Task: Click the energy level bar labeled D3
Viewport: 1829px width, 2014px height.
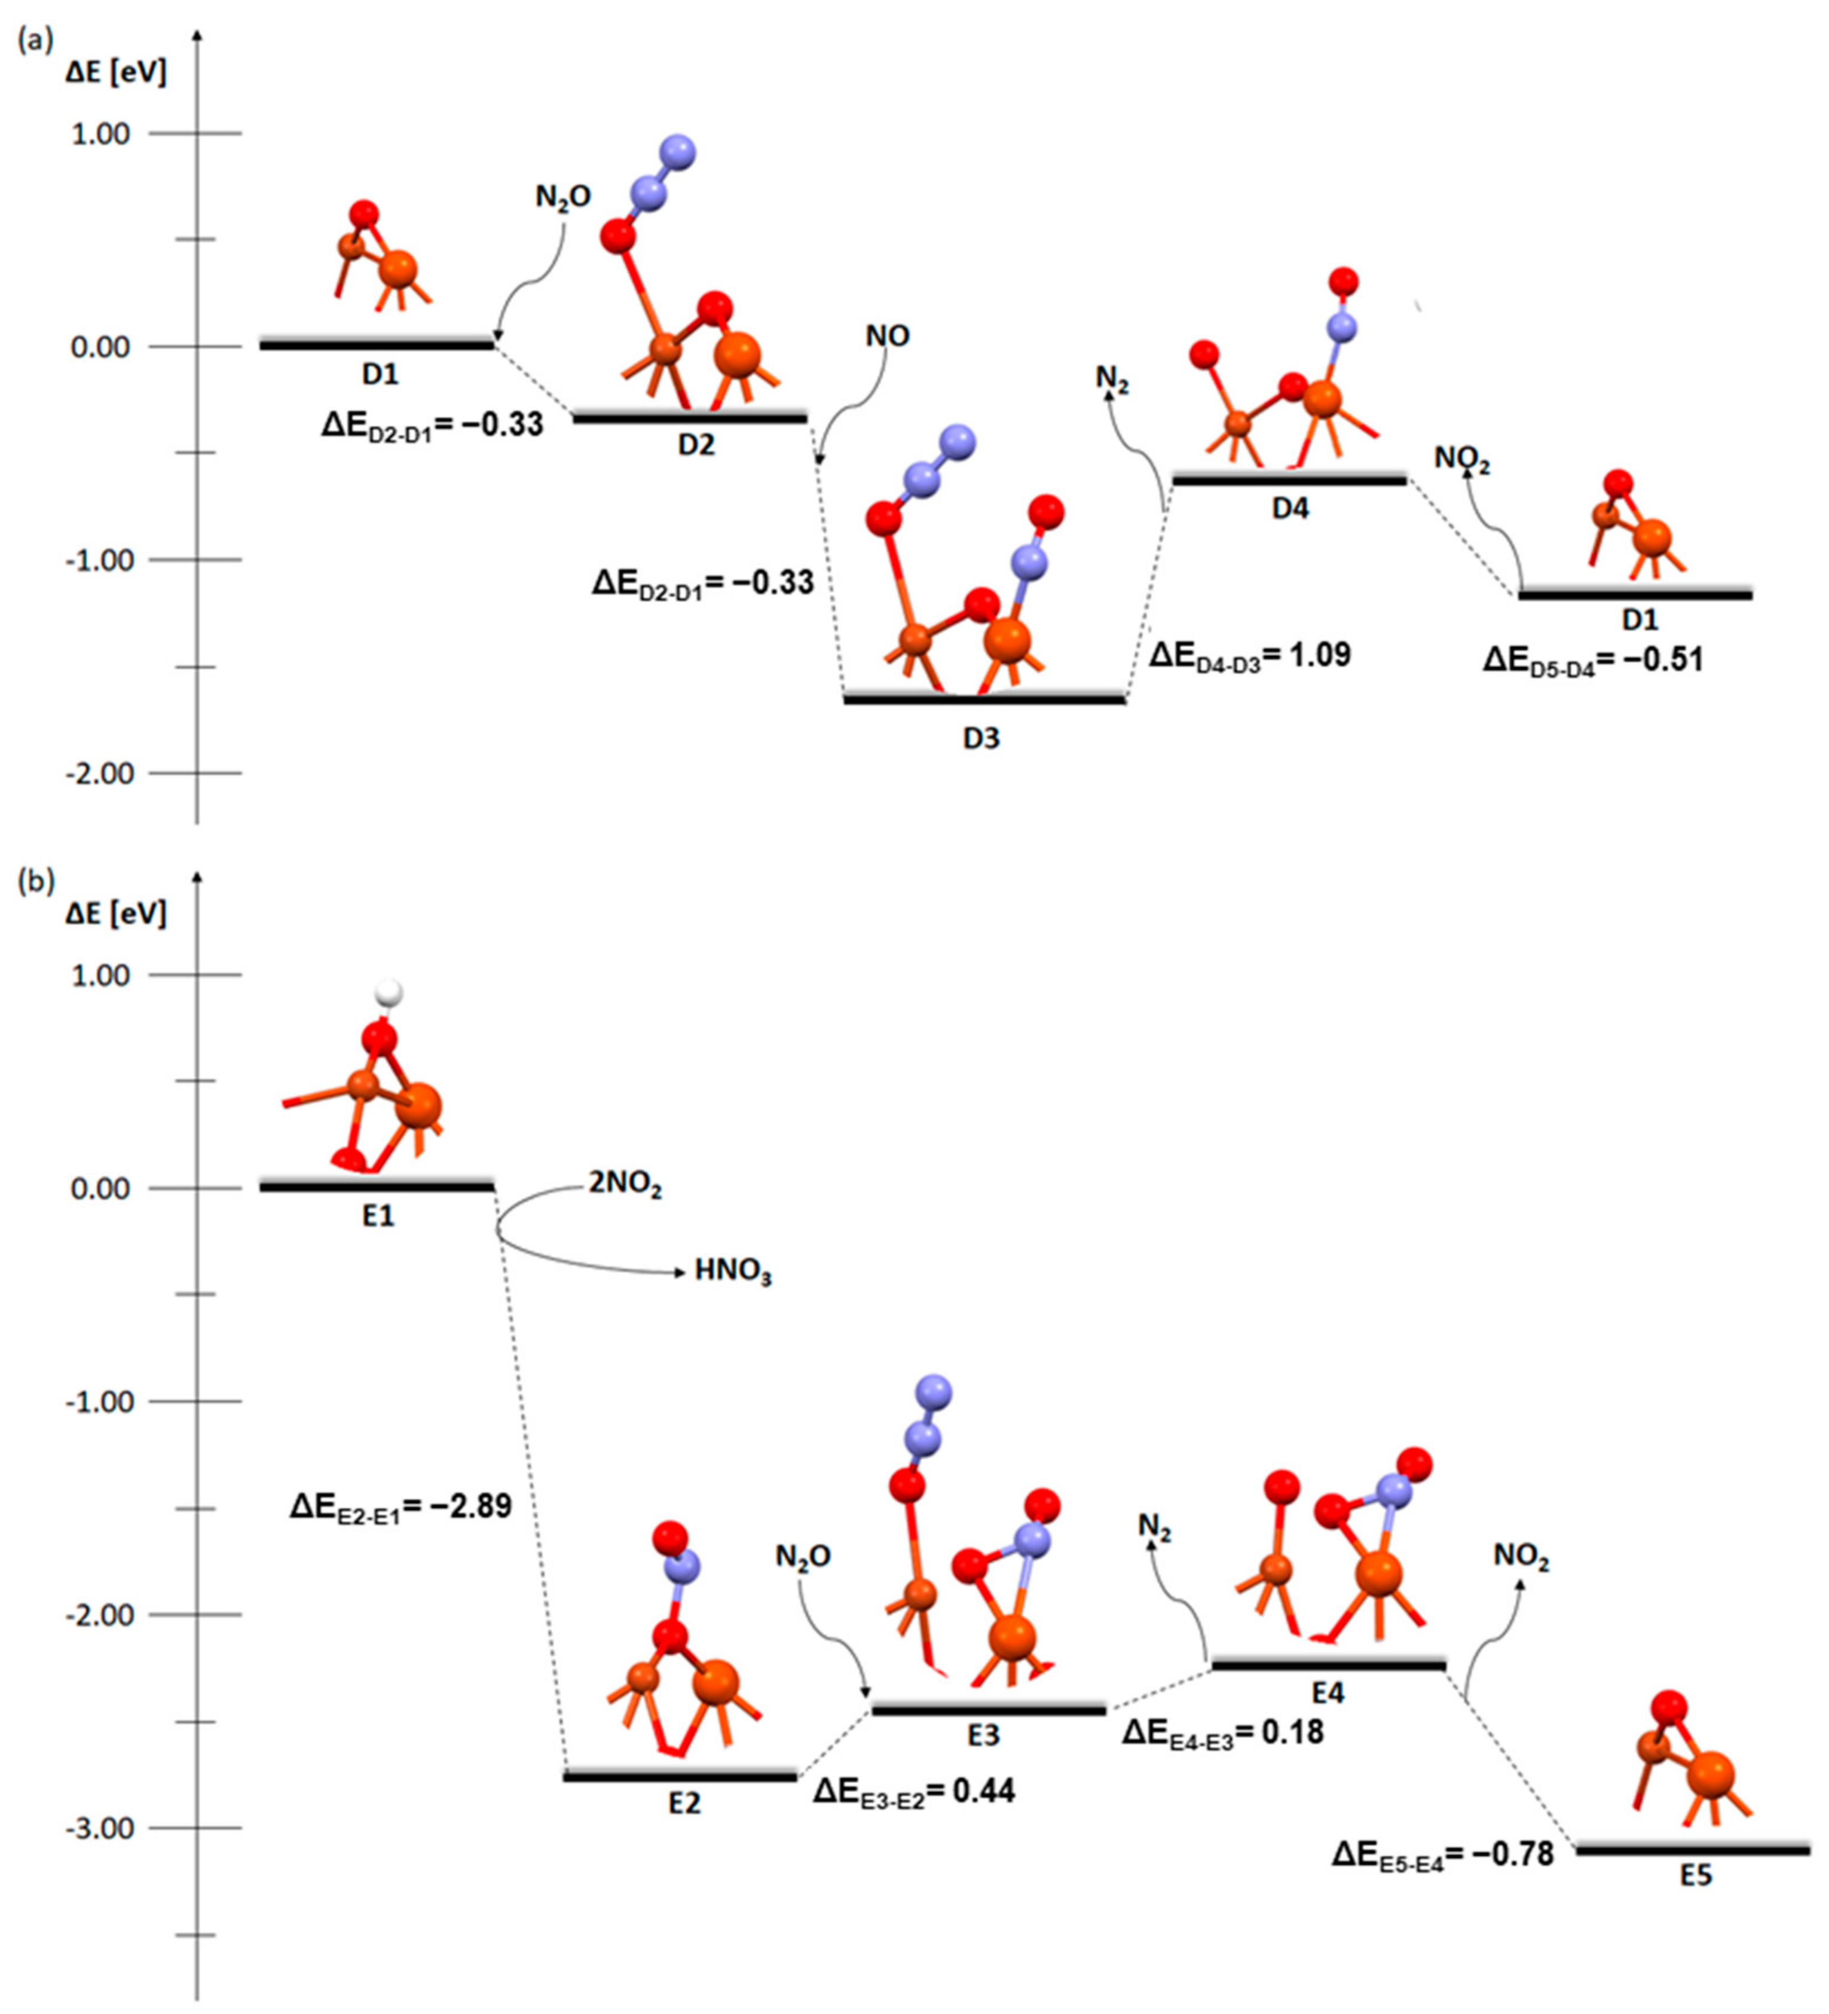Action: (x=984, y=699)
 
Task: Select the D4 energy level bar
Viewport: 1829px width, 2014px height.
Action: (x=1289, y=481)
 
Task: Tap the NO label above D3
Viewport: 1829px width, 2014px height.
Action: (x=887, y=337)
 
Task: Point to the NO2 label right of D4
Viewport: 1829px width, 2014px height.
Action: (x=1463, y=459)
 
